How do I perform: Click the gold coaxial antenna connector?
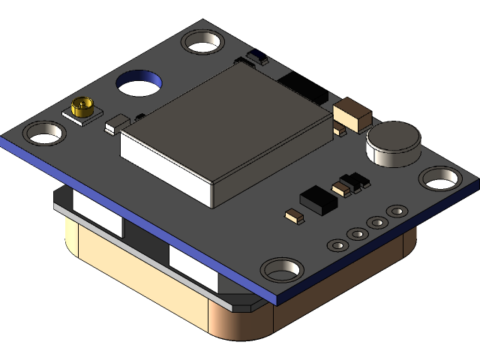[82, 109]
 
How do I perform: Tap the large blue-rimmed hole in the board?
[141, 82]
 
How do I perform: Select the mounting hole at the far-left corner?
[44, 133]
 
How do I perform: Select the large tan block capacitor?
[352, 114]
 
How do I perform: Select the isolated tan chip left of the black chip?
[293, 217]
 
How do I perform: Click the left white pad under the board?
[98, 213]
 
